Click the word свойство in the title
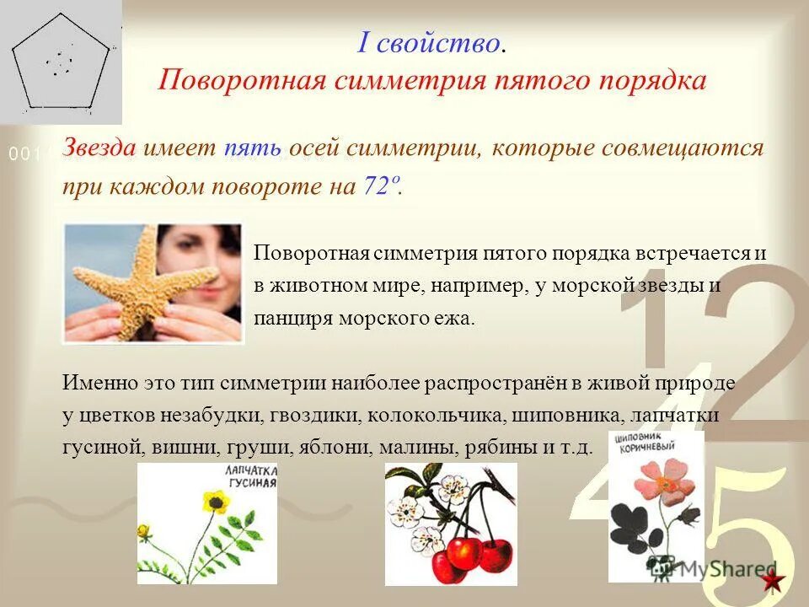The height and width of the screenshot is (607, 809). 438,42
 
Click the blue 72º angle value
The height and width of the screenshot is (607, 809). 380,185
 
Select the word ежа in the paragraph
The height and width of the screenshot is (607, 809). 456,319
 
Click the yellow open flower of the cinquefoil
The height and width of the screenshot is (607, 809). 213,502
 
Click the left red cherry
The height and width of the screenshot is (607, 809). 463,553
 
